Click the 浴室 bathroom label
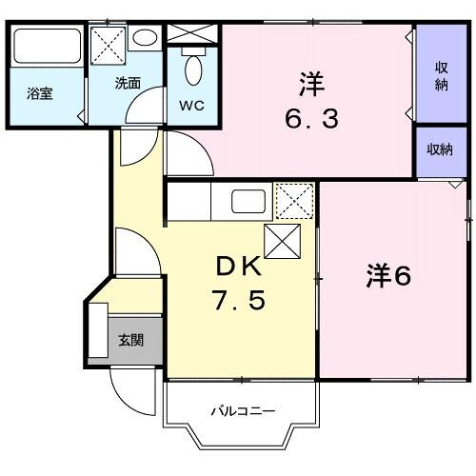pyautogui.click(x=39, y=94)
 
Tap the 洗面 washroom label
pyautogui.click(x=129, y=84)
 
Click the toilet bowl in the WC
pyautogui.click(x=193, y=68)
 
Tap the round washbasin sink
pyautogui.click(x=146, y=38)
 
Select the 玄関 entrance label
pyautogui.click(x=130, y=340)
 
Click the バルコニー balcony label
pyautogui.click(x=242, y=411)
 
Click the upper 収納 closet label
pyautogui.click(x=442, y=75)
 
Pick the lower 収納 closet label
pyautogui.click(x=440, y=149)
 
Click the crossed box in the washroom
pyautogui.click(x=107, y=42)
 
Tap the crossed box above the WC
pyautogui.click(x=193, y=31)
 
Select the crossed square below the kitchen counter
pyautogui.click(x=283, y=242)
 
